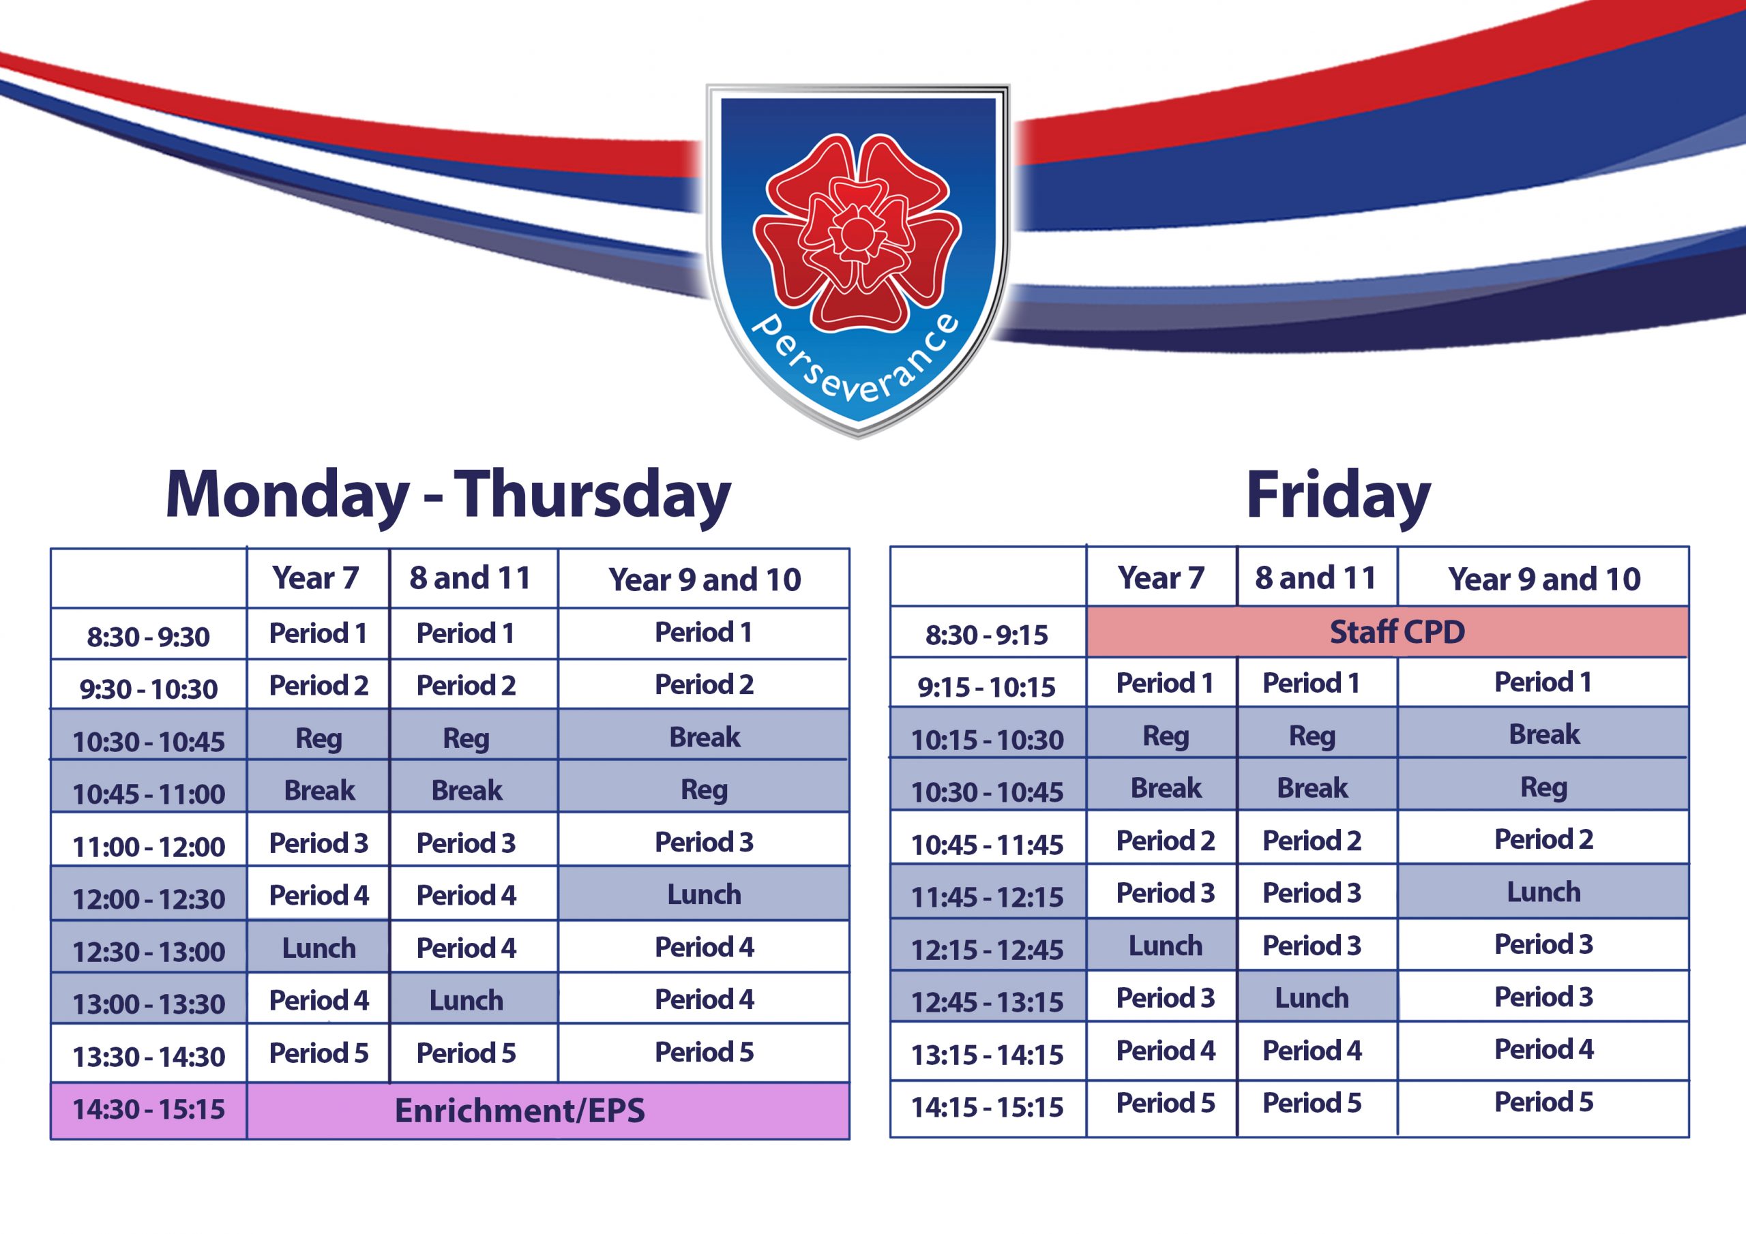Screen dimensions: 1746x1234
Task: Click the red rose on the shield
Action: (x=857, y=232)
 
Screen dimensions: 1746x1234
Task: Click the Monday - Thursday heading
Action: (x=448, y=495)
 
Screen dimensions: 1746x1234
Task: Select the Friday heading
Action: (x=1338, y=495)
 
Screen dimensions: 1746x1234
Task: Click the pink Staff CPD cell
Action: (x=1387, y=632)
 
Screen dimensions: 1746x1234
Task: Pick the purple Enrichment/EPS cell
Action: (x=548, y=1111)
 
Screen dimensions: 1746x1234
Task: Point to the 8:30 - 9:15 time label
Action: (x=986, y=634)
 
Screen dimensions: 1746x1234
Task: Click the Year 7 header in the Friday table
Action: (x=1161, y=578)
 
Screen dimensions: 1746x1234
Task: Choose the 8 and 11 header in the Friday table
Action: (x=1316, y=578)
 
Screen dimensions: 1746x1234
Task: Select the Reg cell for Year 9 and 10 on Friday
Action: (x=1543, y=786)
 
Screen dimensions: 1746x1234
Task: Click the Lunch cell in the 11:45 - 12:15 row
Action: (x=1543, y=891)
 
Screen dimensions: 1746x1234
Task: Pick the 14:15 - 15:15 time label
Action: (x=987, y=1107)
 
